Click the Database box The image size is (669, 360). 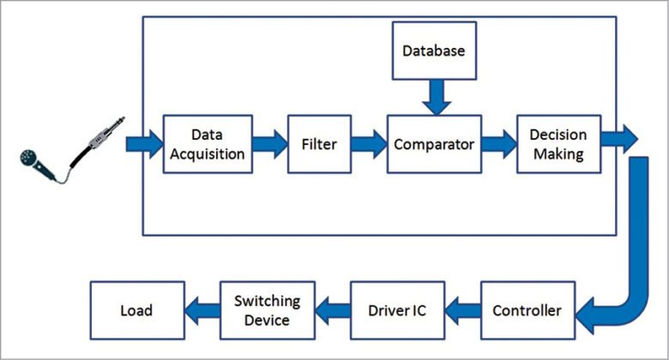[434, 51]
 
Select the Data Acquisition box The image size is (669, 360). [208, 143]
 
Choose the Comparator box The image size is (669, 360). [433, 143]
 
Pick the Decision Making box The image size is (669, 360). [557, 143]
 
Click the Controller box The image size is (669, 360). [527, 309]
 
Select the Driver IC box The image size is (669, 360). [396, 309]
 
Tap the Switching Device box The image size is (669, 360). [268, 309]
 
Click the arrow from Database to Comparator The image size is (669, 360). [434, 96]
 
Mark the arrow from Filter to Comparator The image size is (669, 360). [370, 143]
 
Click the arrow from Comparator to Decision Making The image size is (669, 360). [497, 143]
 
